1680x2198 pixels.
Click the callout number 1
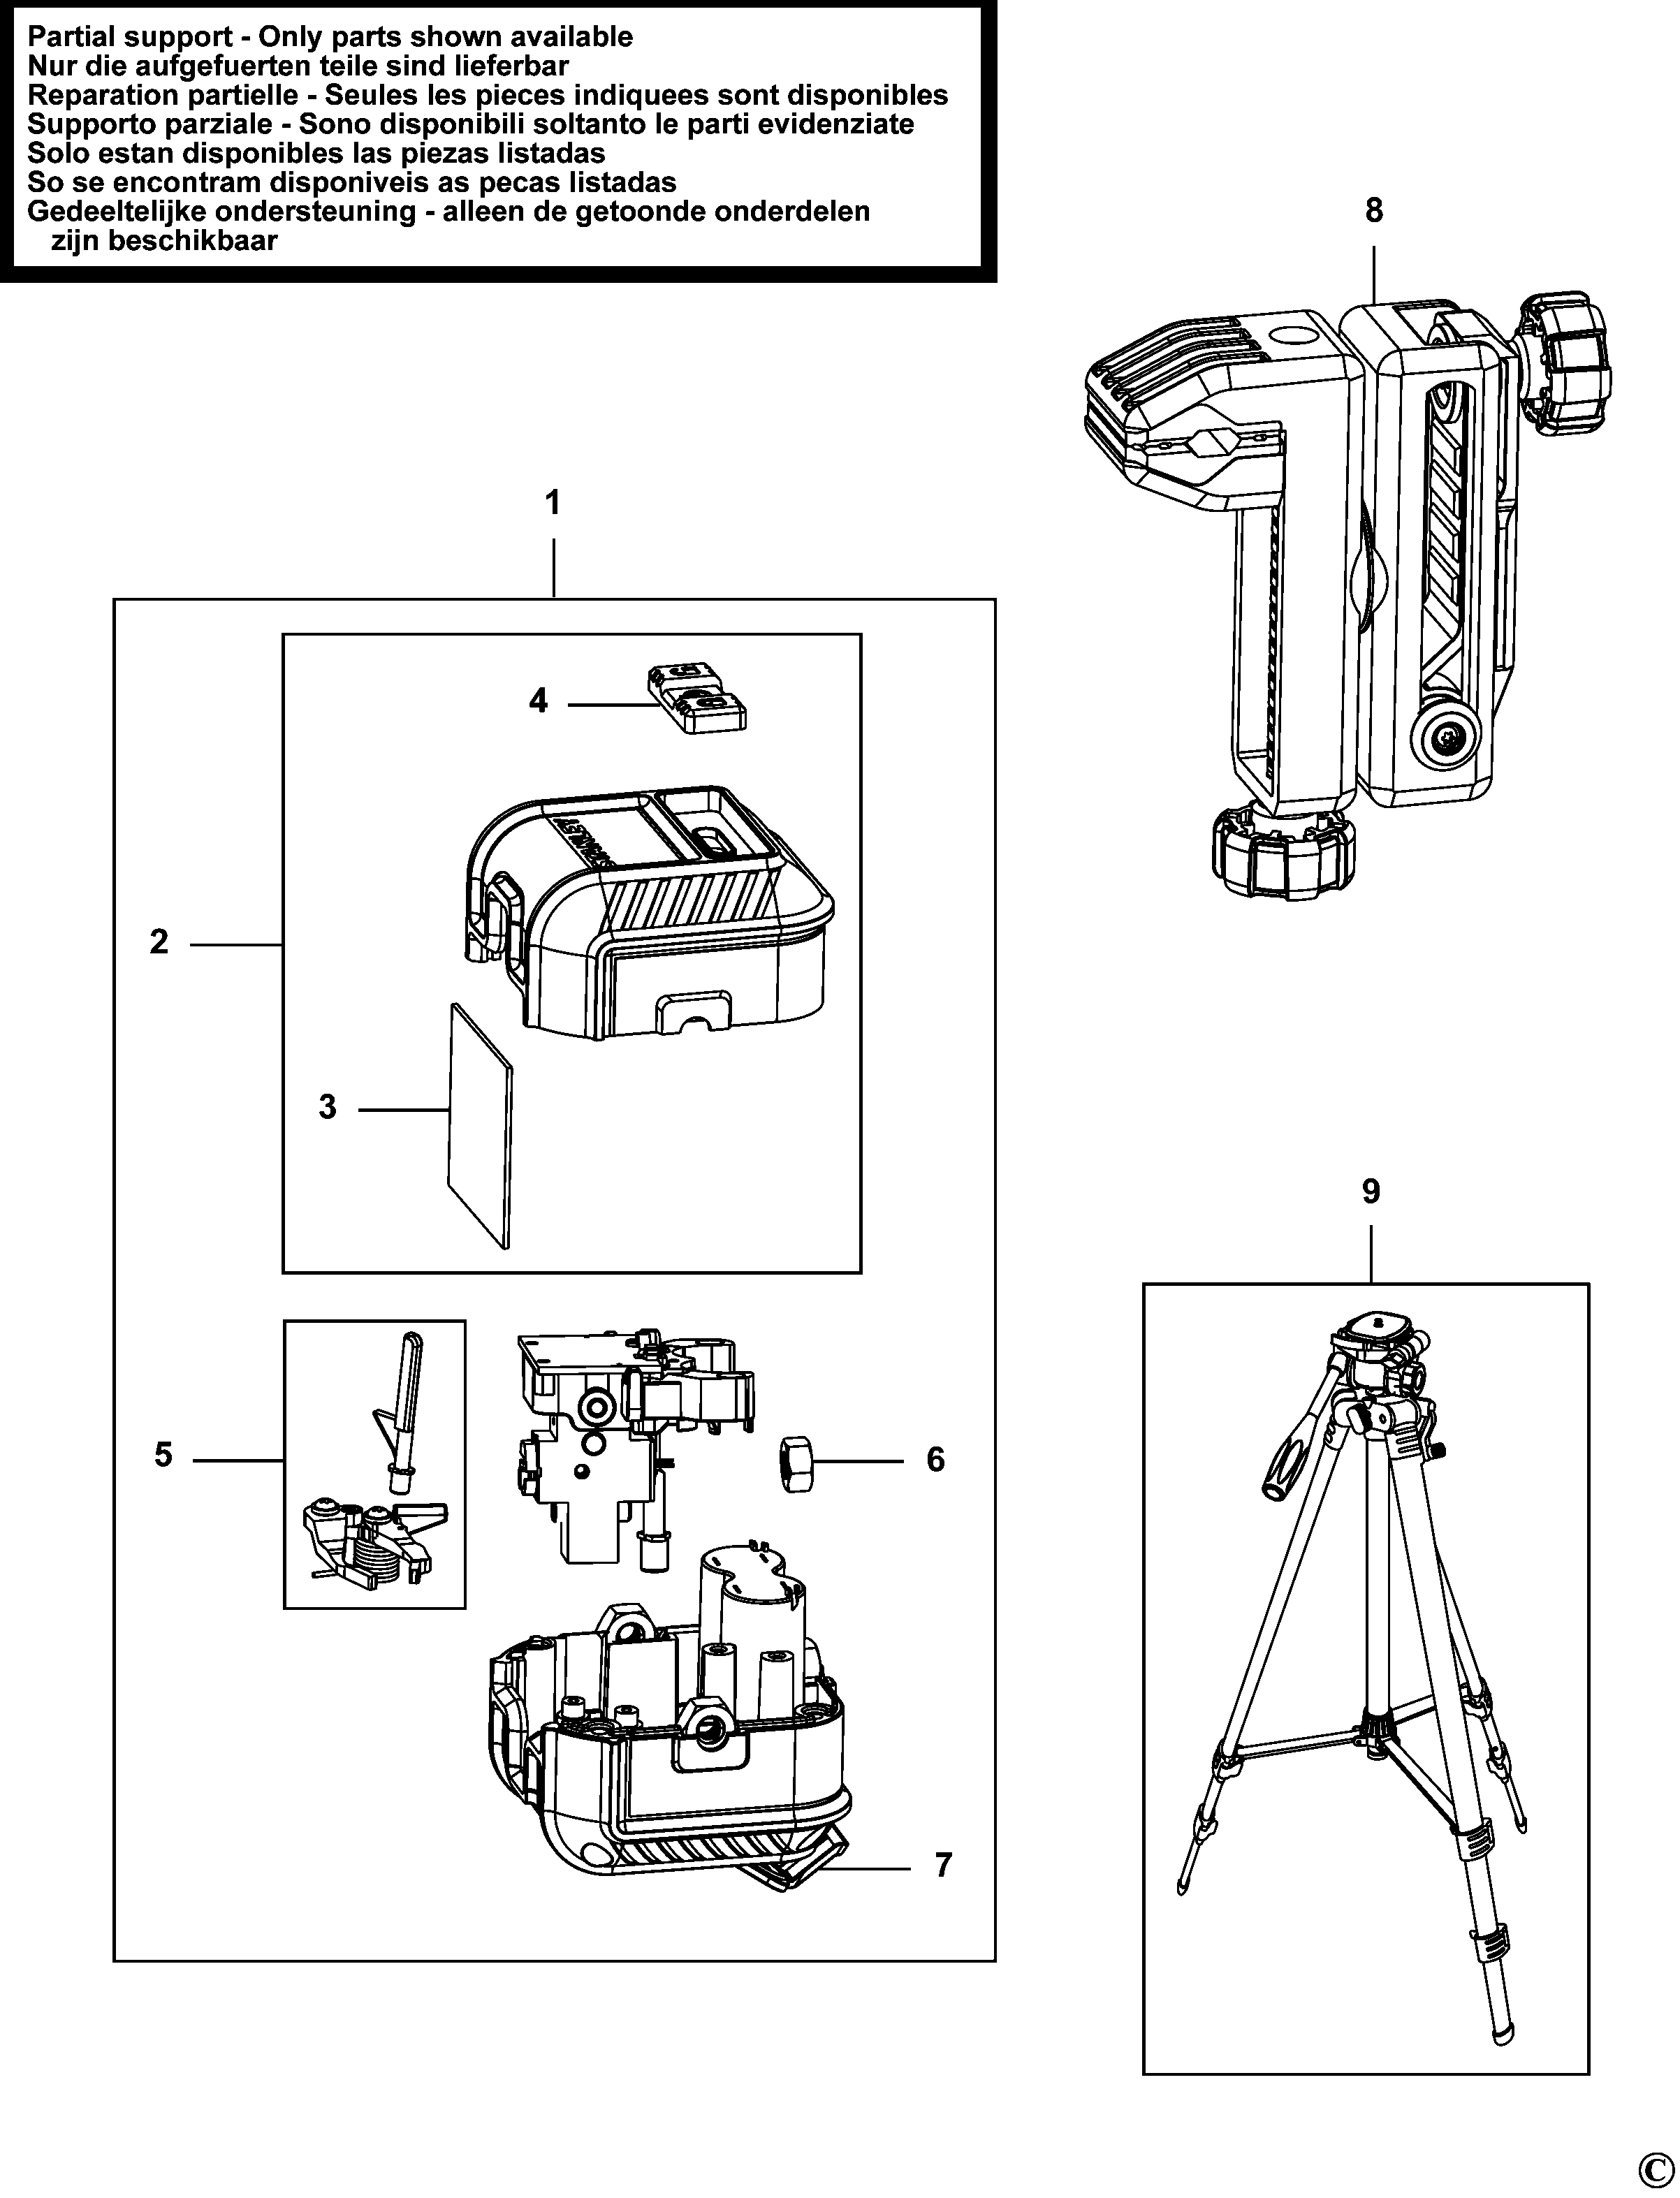(x=552, y=502)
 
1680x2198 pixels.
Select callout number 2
(x=159, y=942)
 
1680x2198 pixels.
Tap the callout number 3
(x=328, y=1108)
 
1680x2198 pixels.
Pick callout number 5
(x=163, y=1455)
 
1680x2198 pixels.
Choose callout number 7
(x=944, y=1865)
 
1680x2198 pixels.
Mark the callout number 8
(x=1374, y=210)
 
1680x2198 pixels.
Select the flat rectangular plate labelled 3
(x=480, y=1125)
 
